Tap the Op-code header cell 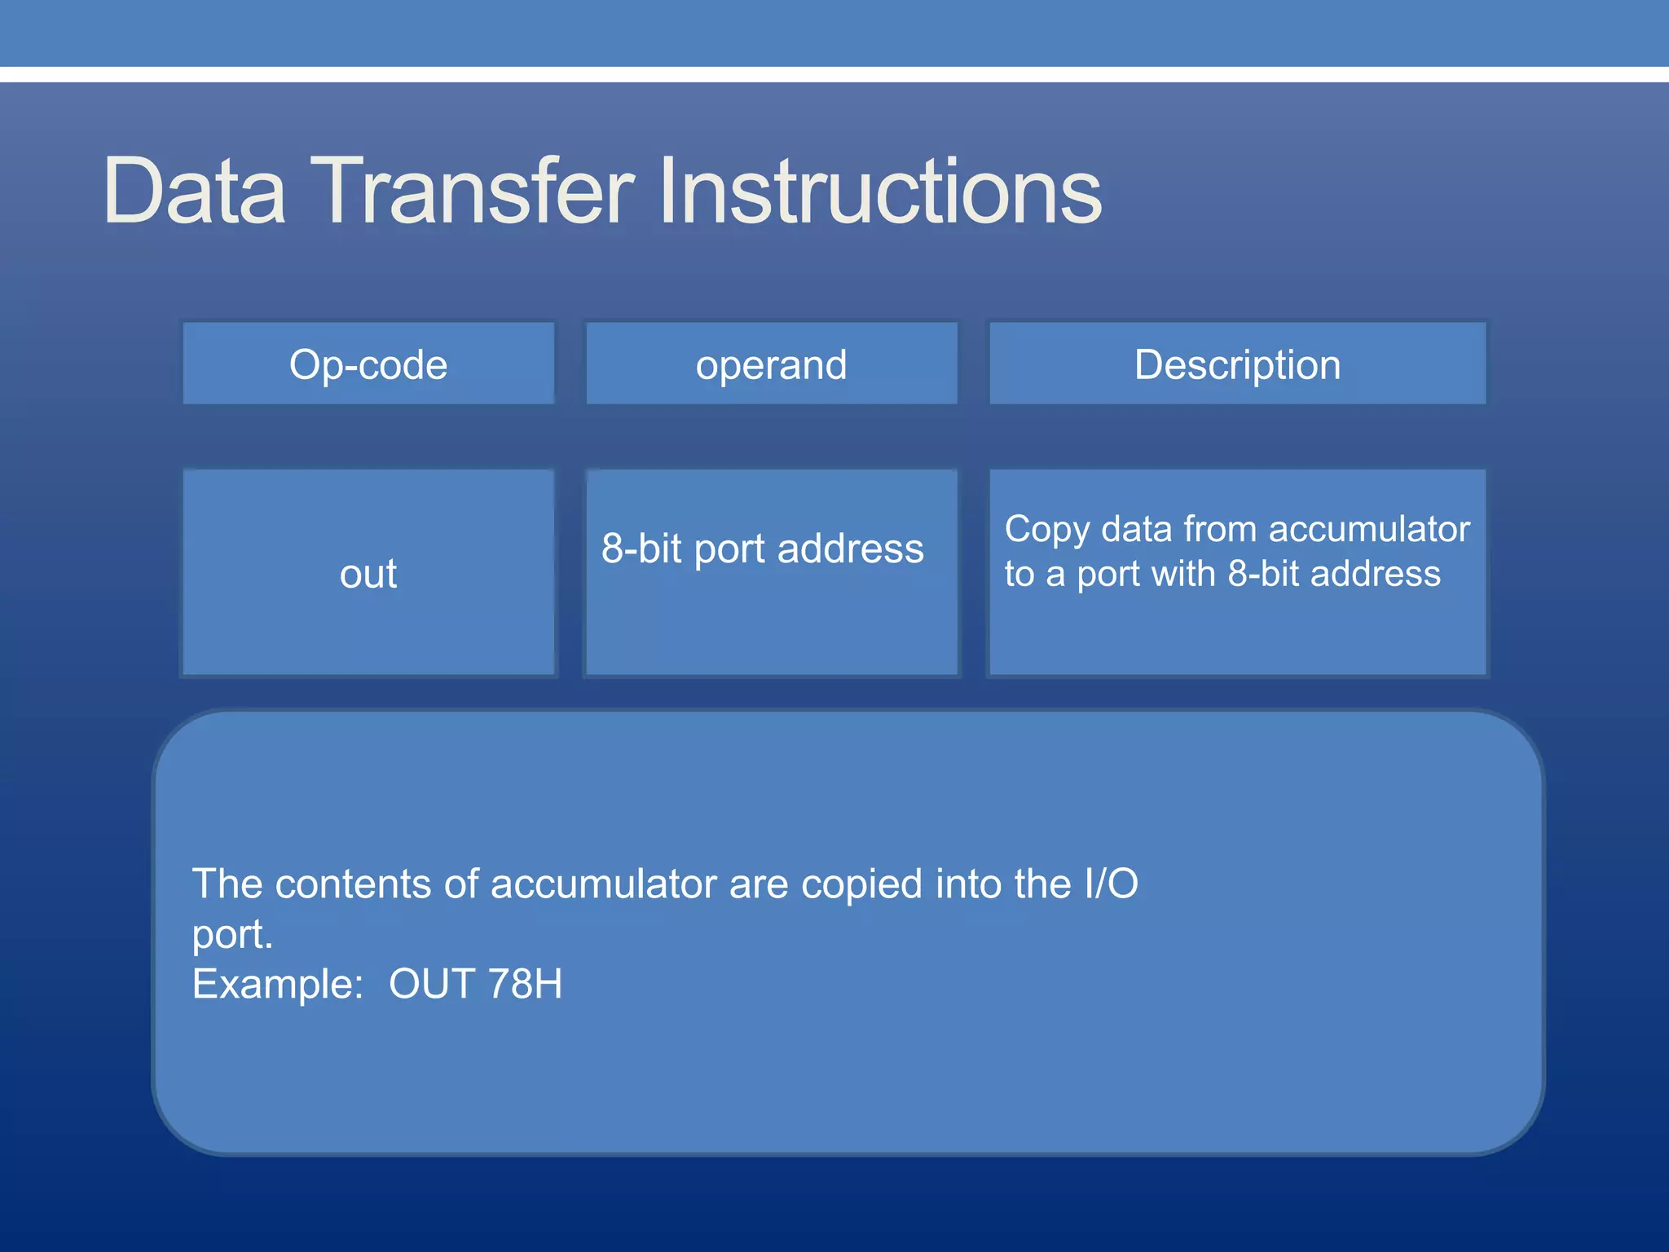pyautogui.click(x=368, y=364)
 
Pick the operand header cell pyautogui.click(x=771, y=364)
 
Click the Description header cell pyautogui.click(x=1237, y=364)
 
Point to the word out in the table pyautogui.click(x=368, y=574)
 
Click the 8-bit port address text pyautogui.click(x=762, y=549)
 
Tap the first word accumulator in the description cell pyautogui.click(x=1369, y=530)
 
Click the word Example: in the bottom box pyautogui.click(x=277, y=985)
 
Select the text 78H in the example pyautogui.click(x=525, y=984)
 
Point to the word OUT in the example pyautogui.click(x=432, y=984)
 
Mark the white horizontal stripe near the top pyautogui.click(x=834, y=74)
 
